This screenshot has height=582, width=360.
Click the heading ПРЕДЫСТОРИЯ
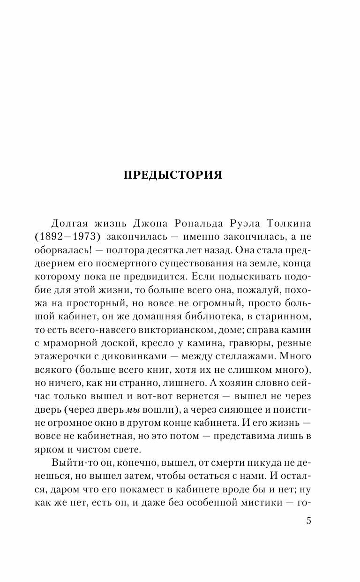point(172,175)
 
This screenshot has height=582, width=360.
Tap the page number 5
point(308,508)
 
